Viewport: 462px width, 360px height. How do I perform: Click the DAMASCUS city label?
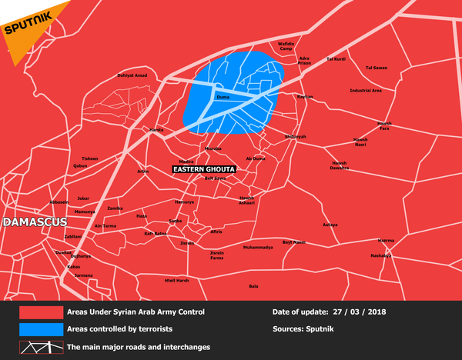pos(35,222)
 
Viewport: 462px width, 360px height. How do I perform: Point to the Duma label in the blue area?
pos(223,98)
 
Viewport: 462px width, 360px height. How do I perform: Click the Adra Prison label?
pos(304,61)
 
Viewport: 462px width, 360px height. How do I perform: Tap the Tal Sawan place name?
pos(376,67)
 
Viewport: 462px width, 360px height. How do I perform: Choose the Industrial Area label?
pos(365,91)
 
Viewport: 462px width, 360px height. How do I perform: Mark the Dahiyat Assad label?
pos(132,75)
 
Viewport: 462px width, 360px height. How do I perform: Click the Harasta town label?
pos(156,131)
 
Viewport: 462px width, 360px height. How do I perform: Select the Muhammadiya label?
pos(258,248)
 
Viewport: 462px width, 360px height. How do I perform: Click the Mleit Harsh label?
pos(176,281)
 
